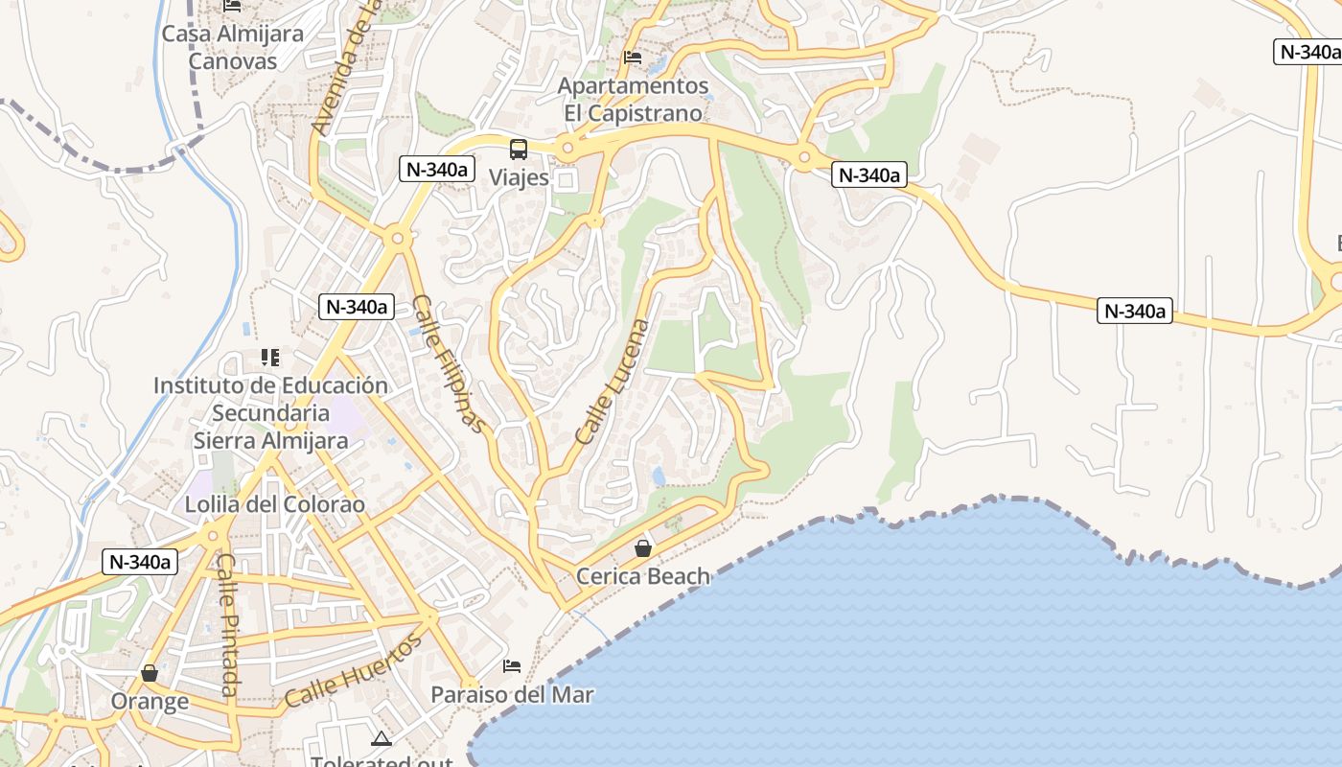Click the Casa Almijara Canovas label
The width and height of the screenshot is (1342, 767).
coord(233,47)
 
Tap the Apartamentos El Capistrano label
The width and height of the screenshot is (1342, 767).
coord(633,99)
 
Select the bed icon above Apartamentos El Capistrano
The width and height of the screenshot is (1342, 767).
coord(633,58)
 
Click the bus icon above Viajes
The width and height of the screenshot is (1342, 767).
coord(519,150)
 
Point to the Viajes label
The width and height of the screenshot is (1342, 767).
coord(519,177)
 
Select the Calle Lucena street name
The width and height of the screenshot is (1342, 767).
coord(613,381)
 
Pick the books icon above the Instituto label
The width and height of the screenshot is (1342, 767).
coord(270,358)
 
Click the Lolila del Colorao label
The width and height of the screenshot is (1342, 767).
coord(275,504)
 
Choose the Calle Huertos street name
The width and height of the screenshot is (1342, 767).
coord(354,671)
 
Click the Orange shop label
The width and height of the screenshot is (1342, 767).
coord(150,701)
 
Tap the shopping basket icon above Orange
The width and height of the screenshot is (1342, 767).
coord(150,673)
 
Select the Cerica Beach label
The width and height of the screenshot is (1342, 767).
coord(643,576)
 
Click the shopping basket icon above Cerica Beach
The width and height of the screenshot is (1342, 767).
coord(643,548)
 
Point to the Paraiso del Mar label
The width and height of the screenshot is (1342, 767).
coord(512,694)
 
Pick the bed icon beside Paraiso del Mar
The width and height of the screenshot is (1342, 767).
coord(512,666)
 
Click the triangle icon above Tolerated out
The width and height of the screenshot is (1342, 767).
coord(382,738)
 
